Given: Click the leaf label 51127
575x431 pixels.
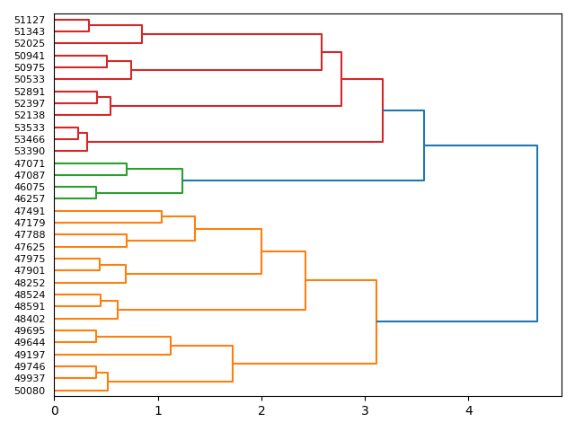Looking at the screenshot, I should [30, 20].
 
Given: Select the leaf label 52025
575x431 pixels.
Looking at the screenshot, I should [30, 43].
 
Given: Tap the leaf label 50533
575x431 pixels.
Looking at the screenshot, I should [30, 79].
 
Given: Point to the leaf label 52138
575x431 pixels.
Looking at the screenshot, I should [30, 115].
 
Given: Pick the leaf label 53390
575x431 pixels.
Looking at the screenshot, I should [30, 151].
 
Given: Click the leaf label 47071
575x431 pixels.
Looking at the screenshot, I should [30, 163].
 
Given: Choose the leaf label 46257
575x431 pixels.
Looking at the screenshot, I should [30, 198].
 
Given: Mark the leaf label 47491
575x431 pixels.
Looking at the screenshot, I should [30, 211].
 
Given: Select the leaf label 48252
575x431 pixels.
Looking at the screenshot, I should [30, 283].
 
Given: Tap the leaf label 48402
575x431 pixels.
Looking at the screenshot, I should [30, 319].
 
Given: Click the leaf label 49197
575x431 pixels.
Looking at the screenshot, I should [30, 355].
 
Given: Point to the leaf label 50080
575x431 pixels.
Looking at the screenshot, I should [30, 391].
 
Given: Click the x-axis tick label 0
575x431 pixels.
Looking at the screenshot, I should [54, 411].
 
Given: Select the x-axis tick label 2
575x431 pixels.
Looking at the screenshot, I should [261, 411].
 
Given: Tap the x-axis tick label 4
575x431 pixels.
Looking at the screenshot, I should [468, 411].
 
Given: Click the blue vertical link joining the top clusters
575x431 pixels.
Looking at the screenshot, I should [537, 233].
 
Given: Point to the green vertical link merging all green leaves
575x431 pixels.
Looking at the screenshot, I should [182, 180].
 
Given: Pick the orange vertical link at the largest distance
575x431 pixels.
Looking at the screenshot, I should [376, 321].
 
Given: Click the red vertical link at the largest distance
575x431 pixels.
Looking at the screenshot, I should [383, 110].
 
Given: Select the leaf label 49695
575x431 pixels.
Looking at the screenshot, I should [30, 330].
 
